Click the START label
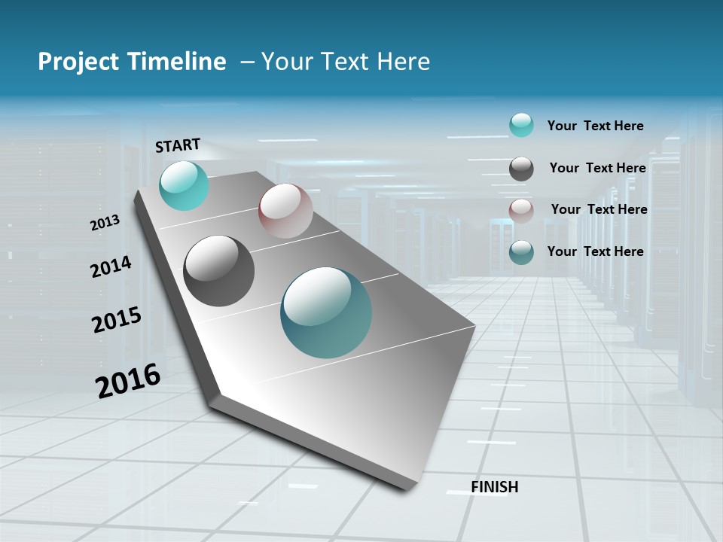(x=178, y=145)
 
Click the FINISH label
(x=495, y=487)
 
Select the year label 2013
(x=105, y=223)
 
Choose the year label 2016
(x=128, y=380)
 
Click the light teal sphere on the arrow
(x=184, y=185)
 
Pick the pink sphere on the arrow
(x=285, y=211)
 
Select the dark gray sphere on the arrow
(x=219, y=271)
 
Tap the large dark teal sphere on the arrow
(x=326, y=312)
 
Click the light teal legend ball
(x=521, y=125)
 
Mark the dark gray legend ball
(x=521, y=169)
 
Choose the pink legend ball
(x=521, y=211)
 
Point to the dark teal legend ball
(x=521, y=252)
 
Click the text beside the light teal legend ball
(x=595, y=126)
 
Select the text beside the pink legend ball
(x=599, y=209)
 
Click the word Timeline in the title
(x=178, y=62)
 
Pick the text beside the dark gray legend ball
(x=597, y=168)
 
